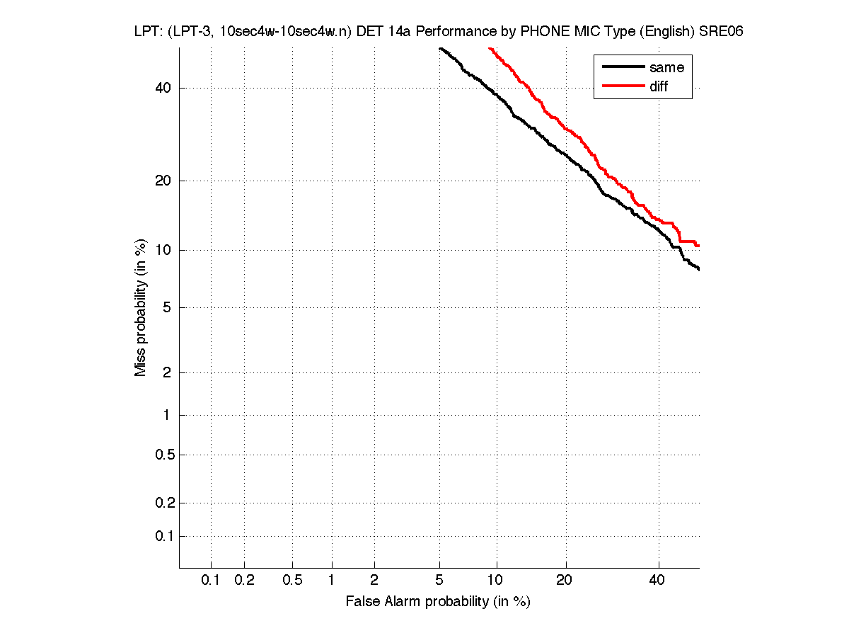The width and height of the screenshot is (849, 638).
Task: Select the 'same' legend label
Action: [666, 68]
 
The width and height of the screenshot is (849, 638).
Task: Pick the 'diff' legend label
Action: [659, 86]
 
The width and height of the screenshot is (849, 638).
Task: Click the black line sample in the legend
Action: [623, 68]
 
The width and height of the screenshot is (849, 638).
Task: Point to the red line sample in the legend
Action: [623, 86]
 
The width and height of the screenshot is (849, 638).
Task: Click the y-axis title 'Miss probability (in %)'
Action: [141, 307]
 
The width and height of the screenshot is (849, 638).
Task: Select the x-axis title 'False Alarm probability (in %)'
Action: [438, 602]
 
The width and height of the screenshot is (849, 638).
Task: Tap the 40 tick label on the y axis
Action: [163, 88]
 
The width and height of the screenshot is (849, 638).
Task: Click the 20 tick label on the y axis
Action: [163, 181]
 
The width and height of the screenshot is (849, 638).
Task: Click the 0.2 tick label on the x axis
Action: [244, 581]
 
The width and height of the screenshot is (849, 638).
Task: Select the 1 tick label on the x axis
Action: [331, 581]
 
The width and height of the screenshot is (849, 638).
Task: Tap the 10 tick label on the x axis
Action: [496, 581]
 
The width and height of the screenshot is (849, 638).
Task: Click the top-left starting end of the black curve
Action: [440, 48]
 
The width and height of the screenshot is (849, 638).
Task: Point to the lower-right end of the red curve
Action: [698, 246]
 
